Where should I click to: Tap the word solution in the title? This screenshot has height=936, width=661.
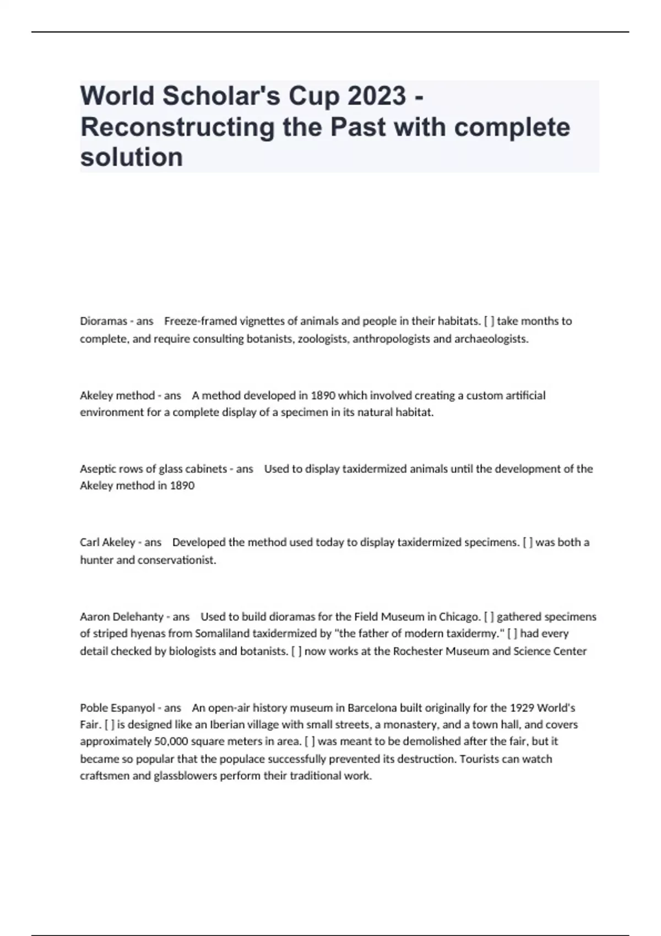pyautogui.click(x=132, y=157)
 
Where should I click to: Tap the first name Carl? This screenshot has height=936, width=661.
pyautogui.click(x=90, y=542)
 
